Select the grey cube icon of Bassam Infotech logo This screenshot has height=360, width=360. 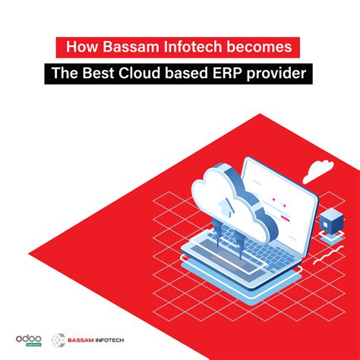pyautogui.click(x=58, y=339)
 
